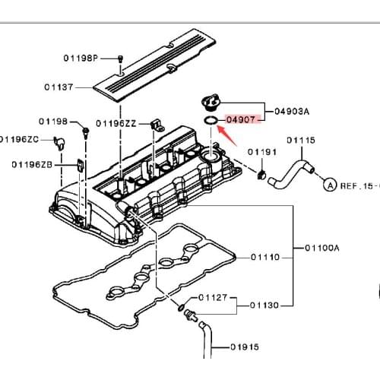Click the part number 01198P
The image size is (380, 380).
[81, 59]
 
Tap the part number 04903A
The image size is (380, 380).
[290, 111]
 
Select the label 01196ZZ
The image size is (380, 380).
[117, 123]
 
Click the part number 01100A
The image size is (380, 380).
[324, 247]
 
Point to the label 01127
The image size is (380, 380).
[214, 297]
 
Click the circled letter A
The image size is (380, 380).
[329, 184]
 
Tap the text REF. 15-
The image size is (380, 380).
[357, 185]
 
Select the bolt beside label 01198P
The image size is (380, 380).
[122, 59]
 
